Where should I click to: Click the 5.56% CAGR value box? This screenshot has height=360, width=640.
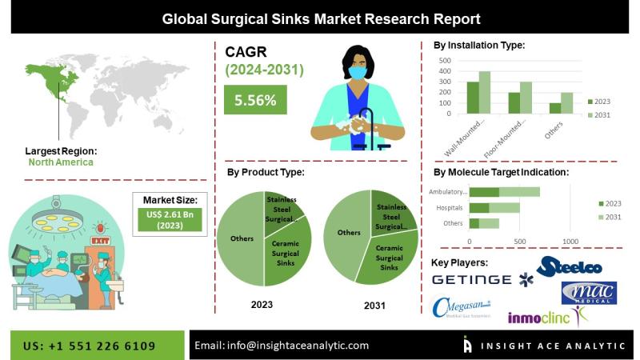tap(255, 101)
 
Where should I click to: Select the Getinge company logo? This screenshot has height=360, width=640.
tap(471, 279)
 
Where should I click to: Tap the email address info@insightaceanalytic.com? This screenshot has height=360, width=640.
tap(282, 346)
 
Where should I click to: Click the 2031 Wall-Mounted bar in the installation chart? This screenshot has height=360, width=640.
tap(484, 93)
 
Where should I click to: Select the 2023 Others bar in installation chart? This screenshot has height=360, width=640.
tap(555, 109)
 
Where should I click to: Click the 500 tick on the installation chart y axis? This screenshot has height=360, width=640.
tap(446, 60)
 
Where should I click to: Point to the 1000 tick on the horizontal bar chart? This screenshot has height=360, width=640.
tap(570, 241)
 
